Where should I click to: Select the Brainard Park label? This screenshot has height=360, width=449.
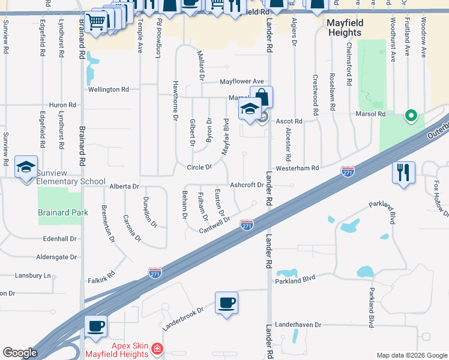click(x=63, y=212)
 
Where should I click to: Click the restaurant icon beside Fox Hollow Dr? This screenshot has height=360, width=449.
click(x=403, y=172)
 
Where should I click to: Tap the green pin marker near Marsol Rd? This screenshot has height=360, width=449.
click(x=411, y=115)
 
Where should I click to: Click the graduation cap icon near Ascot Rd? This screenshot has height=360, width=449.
click(x=250, y=110)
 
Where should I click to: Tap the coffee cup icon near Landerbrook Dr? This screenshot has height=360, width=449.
click(x=227, y=303)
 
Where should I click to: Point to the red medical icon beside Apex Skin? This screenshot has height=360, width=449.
click(x=157, y=348)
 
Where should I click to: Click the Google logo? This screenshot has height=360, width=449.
click(x=20, y=353)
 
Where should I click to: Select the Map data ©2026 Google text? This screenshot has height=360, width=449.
click(x=411, y=355)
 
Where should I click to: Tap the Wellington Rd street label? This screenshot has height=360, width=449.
click(x=109, y=89)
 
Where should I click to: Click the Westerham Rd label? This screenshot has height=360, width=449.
click(x=297, y=169)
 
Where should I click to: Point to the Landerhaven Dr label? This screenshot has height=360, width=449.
click(x=298, y=325)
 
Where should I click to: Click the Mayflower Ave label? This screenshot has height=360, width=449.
click(x=241, y=81)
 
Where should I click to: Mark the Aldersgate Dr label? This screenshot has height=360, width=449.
click(x=57, y=257)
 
